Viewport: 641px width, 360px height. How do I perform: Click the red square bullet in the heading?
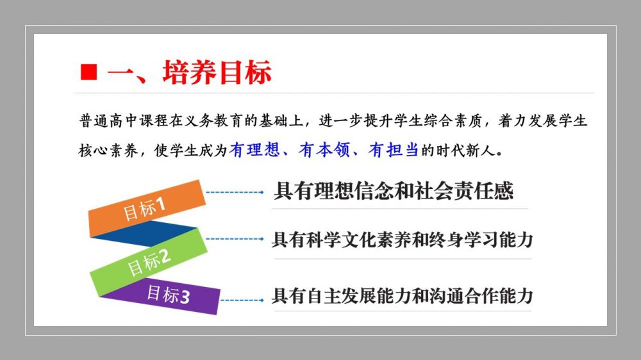(x=88, y=72)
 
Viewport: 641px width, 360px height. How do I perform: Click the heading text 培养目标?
(x=217, y=72)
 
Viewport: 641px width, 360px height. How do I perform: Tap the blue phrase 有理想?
(x=254, y=150)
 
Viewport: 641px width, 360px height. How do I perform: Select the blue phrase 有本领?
(x=324, y=150)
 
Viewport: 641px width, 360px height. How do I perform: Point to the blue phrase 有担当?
(x=394, y=150)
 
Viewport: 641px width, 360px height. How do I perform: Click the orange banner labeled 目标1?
(x=147, y=208)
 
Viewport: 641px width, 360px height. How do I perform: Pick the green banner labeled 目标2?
(x=149, y=262)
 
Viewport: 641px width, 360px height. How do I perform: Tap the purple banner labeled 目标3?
(x=163, y=296)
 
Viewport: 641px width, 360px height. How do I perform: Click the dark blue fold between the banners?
(x=144, y=234)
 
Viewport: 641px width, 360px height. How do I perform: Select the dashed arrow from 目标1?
(x=235, y=192)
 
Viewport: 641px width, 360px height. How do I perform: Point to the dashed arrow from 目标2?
(x=235, y=239)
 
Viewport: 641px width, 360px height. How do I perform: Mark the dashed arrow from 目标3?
(x=242, y=300)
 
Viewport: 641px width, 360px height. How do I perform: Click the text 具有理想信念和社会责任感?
(x=394, y=191)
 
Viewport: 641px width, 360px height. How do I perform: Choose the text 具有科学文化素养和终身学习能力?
(x=403, y=240)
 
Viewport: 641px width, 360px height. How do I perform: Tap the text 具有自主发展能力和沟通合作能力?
(x=403, y=295)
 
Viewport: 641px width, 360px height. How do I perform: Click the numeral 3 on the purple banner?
(x=185, y=297)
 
